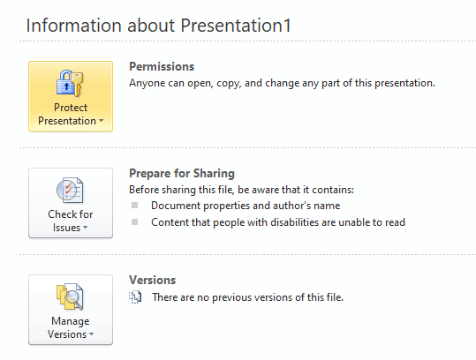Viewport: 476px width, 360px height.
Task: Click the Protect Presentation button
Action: pyautogui.click(x=71, y=96)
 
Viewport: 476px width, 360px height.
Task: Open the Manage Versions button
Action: pyautogui.click(x=71, y=310)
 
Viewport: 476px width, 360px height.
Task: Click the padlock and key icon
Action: pyautogui.click(x=70, y=84)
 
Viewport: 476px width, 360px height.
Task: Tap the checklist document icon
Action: pyautogui.click(x=70, y=191)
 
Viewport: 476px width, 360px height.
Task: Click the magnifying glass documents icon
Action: pyautogui.click(x=70, y=296)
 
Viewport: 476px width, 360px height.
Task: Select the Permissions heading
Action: pyautogui.click(x=162, y=67)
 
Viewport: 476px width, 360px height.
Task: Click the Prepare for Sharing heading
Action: pyautogui.click(x=182, y=174)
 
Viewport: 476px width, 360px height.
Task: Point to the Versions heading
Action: pyautogui.click(x=153, y=280)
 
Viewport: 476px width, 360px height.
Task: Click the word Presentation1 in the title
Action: pyautogui.click(x=236, y=26)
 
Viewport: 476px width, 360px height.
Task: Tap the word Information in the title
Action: pyautogui.click(x=74, y=26)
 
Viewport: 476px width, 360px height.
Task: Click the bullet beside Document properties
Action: pyautogui.click(x=135, y=206)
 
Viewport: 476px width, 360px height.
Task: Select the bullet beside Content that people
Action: pyautogui.click(x=135, y=222)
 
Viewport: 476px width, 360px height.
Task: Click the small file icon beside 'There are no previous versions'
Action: pyautogui.click(x=135, y=297)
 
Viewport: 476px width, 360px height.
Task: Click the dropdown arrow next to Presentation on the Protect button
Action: pyautogui.click(x=101, y=121)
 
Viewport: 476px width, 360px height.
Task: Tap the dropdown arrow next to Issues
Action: pyautogui.click(x=86, y=227)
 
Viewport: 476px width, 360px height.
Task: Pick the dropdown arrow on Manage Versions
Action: pyautogui.click(x=91, y=334)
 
